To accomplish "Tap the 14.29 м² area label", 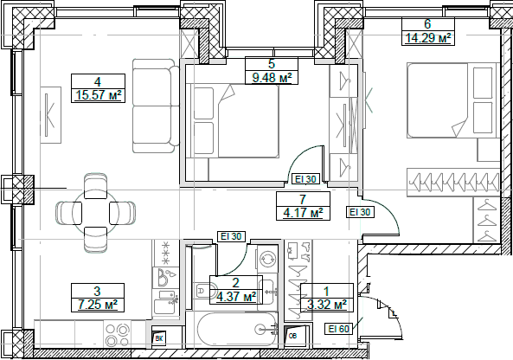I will point(428,38).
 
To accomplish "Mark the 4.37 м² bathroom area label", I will point(235,297).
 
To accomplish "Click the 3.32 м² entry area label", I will point(326,305).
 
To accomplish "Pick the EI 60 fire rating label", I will point(338,328).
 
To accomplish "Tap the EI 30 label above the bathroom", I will point(231,235).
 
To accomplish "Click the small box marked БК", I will point(158,338).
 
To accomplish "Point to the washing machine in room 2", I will point(267,259).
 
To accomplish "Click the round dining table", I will point(94,209).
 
